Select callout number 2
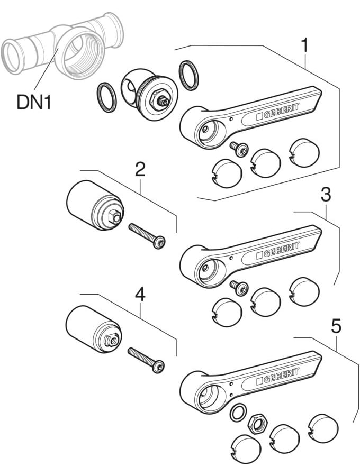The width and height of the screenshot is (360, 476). click(x=140, y=169)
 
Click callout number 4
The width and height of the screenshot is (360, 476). click(x=140, y=294)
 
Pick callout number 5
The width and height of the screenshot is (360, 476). click(x=336, y=326)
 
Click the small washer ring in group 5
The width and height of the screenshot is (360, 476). click(x=238, y=412)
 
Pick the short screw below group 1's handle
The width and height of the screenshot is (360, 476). click(x=239, y=149)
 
